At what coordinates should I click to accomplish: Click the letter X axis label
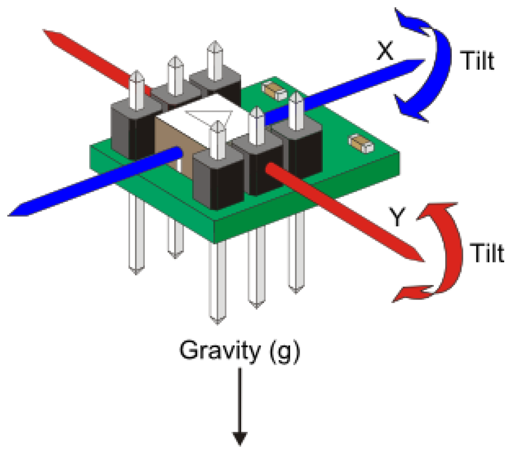[385, 51]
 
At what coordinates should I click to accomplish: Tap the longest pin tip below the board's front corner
[216, 318]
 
